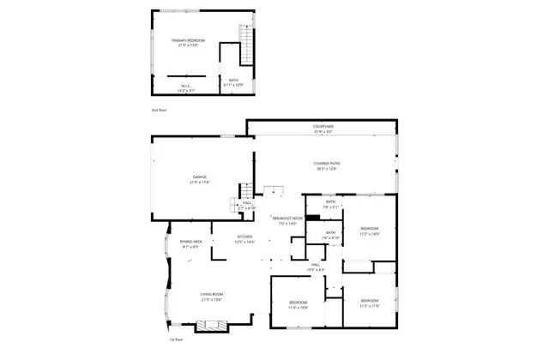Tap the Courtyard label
323,129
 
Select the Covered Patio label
323,166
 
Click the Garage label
199,180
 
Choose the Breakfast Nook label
288,221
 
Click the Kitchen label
245,239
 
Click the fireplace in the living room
211,326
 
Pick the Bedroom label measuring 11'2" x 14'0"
370,231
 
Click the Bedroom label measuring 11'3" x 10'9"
299,304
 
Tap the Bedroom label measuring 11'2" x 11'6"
370,303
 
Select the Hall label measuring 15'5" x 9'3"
316,267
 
